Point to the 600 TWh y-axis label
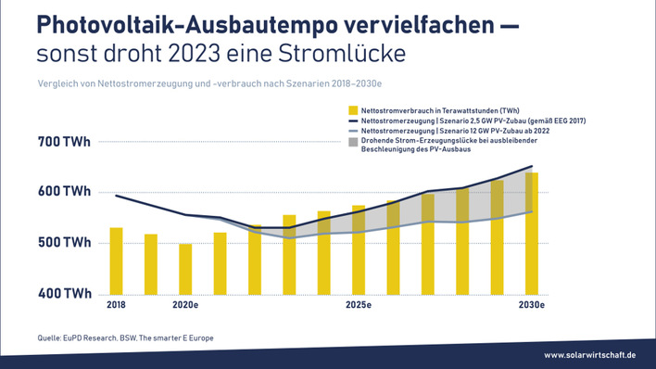pyautogui.click(x=64, y=192)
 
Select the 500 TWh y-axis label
pyautogui.click(x=64, y=243)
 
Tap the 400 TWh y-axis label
pyautogui.click(x=64, y=294)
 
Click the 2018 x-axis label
pyautogui.click(x=116, y=305)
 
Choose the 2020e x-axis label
pyautogui.click(x=185, y=305)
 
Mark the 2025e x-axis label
pyautogui.click(x=359, y=305)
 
